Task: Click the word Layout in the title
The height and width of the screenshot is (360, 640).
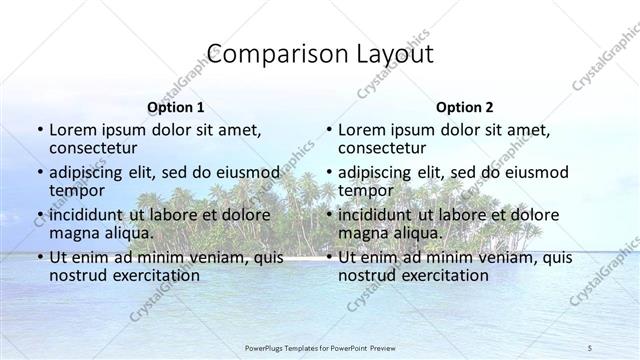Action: click(395, 54)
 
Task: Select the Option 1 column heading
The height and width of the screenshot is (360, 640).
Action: click(175, 107)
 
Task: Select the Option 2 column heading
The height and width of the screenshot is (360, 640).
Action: click(464, 107)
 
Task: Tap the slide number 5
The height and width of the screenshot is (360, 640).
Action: click(590, 347)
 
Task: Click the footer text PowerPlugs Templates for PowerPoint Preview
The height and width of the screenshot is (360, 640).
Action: click(320, 347)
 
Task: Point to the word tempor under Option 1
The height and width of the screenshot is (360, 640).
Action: click(77, 191)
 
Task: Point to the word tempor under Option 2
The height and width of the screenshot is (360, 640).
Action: click(366, 191)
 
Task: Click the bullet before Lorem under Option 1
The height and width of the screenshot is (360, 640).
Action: click(40, 130)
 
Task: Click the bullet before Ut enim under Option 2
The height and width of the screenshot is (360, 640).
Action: click(329, 257)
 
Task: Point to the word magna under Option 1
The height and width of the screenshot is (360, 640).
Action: click(73, 233)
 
